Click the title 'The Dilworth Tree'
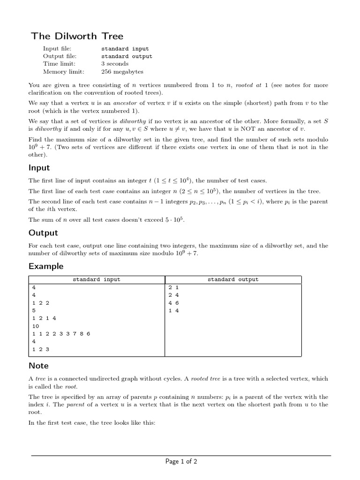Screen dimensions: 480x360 coord(77,36)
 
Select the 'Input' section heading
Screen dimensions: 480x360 coord(39,168)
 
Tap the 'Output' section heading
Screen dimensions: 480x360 coord(43,233)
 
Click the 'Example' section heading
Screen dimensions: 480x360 coord(45,266)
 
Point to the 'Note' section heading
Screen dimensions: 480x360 coord(38,366)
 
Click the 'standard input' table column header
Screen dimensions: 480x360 coord(96,279)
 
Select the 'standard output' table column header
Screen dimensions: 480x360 coord(233,279)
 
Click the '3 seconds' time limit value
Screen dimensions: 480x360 coord(116,64)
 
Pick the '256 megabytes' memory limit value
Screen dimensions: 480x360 coord(122,72)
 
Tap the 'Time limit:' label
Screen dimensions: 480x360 coord(59,64)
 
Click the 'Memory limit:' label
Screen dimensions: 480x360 coord(64,72)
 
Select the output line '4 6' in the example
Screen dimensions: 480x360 coord(173,303)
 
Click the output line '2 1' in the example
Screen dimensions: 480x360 coord(173,287)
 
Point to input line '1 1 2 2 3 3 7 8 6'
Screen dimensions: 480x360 coord(61,333)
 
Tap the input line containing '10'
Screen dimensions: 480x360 coord(36,326)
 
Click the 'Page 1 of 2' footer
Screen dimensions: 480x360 coord(181,462)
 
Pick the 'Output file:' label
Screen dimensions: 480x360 coord(60,56)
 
